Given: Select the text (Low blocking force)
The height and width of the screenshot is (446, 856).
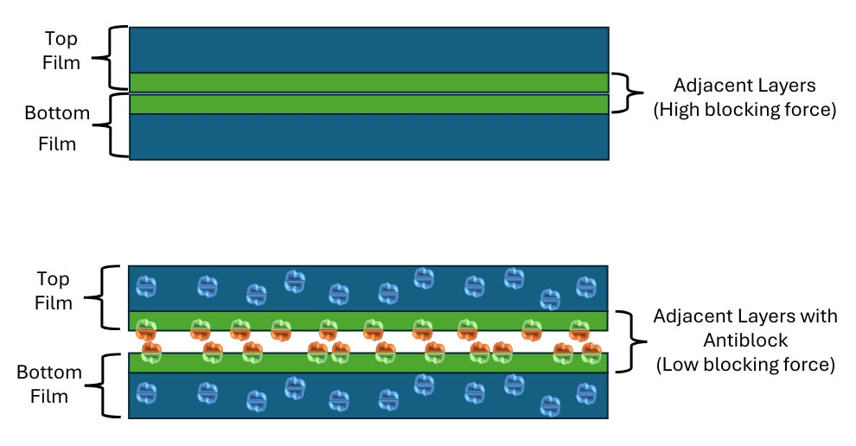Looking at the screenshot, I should (x=745, y=364).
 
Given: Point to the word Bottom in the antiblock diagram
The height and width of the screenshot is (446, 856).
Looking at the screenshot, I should (x=49, y=373).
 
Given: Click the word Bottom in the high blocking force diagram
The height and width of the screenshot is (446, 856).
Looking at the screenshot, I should (x=57, y=113).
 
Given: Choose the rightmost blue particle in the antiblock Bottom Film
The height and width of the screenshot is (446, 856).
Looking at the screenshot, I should (x=586, y=393).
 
